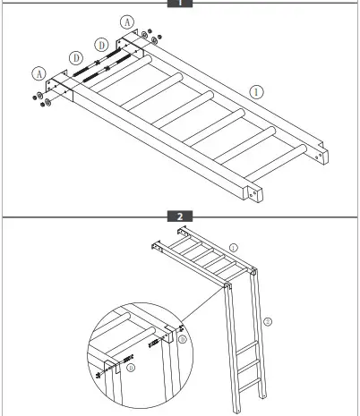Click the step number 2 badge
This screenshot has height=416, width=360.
tap(180, 216)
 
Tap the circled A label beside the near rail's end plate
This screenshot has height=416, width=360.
tap(38, 72)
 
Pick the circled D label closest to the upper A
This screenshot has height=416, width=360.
tap(101, 43)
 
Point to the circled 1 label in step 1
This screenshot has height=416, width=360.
tap(257, 90)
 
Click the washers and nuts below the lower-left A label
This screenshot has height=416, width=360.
tap(41, 99)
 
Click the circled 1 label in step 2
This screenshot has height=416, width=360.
tap(233, 246)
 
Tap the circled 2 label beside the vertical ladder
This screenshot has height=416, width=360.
tap(267, 319)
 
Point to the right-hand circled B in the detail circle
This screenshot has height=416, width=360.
tap(183, 340)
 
